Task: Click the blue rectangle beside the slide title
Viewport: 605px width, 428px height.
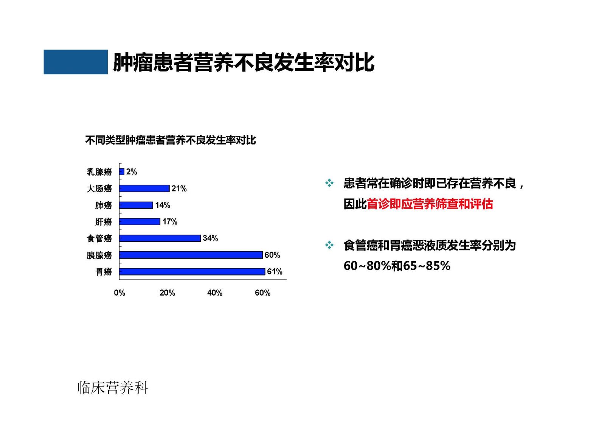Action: click(76, 62)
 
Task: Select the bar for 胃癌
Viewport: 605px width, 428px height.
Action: click(192, 272)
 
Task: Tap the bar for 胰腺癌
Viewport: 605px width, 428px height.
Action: click(191, 255)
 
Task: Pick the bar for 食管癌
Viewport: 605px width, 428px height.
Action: click(160, 238)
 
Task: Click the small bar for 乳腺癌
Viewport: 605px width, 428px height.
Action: click(122, 172)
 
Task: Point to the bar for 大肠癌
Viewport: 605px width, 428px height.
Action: click(144, 188)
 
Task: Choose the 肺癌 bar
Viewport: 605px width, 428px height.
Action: click(136, 205)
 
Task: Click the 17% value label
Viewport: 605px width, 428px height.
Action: click(170, 222)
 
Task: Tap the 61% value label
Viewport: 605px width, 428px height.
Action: click(275, 271)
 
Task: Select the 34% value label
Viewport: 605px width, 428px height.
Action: click(210, 238)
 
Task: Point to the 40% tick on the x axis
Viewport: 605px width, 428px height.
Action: click(215, 293)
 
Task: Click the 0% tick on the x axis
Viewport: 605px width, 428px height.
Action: click(119, 293)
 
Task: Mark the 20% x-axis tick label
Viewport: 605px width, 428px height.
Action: click(167, 293)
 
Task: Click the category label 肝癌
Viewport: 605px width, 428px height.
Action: click(104, 222)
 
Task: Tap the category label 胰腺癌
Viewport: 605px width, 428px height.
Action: click(99, 255)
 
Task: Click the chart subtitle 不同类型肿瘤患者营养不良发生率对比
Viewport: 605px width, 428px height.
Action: click(171, 140)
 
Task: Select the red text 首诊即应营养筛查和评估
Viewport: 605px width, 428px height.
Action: click(430, 204)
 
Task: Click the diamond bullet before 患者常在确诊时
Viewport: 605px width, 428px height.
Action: click(329, 183)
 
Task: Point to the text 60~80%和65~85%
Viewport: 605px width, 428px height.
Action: click(397, 266)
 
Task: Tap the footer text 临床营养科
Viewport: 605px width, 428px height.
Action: click(113, 388)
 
